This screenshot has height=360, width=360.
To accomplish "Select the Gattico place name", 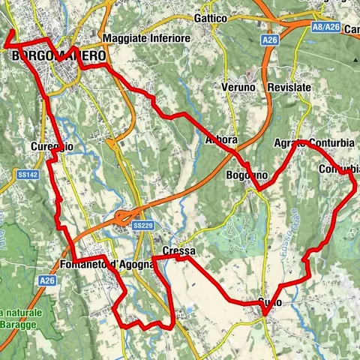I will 209,17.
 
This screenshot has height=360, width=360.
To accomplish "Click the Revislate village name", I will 289,87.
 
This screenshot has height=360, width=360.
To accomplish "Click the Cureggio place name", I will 52,146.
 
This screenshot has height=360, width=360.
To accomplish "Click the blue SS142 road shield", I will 26,174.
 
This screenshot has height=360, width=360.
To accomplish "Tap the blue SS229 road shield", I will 142,225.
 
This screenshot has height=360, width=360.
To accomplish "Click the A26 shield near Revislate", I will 271,38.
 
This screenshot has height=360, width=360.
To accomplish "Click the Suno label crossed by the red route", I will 269,301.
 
